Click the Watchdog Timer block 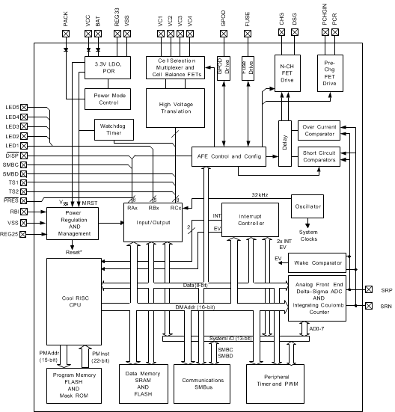tap(111, 129)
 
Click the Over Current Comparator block tap(320, 129)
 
